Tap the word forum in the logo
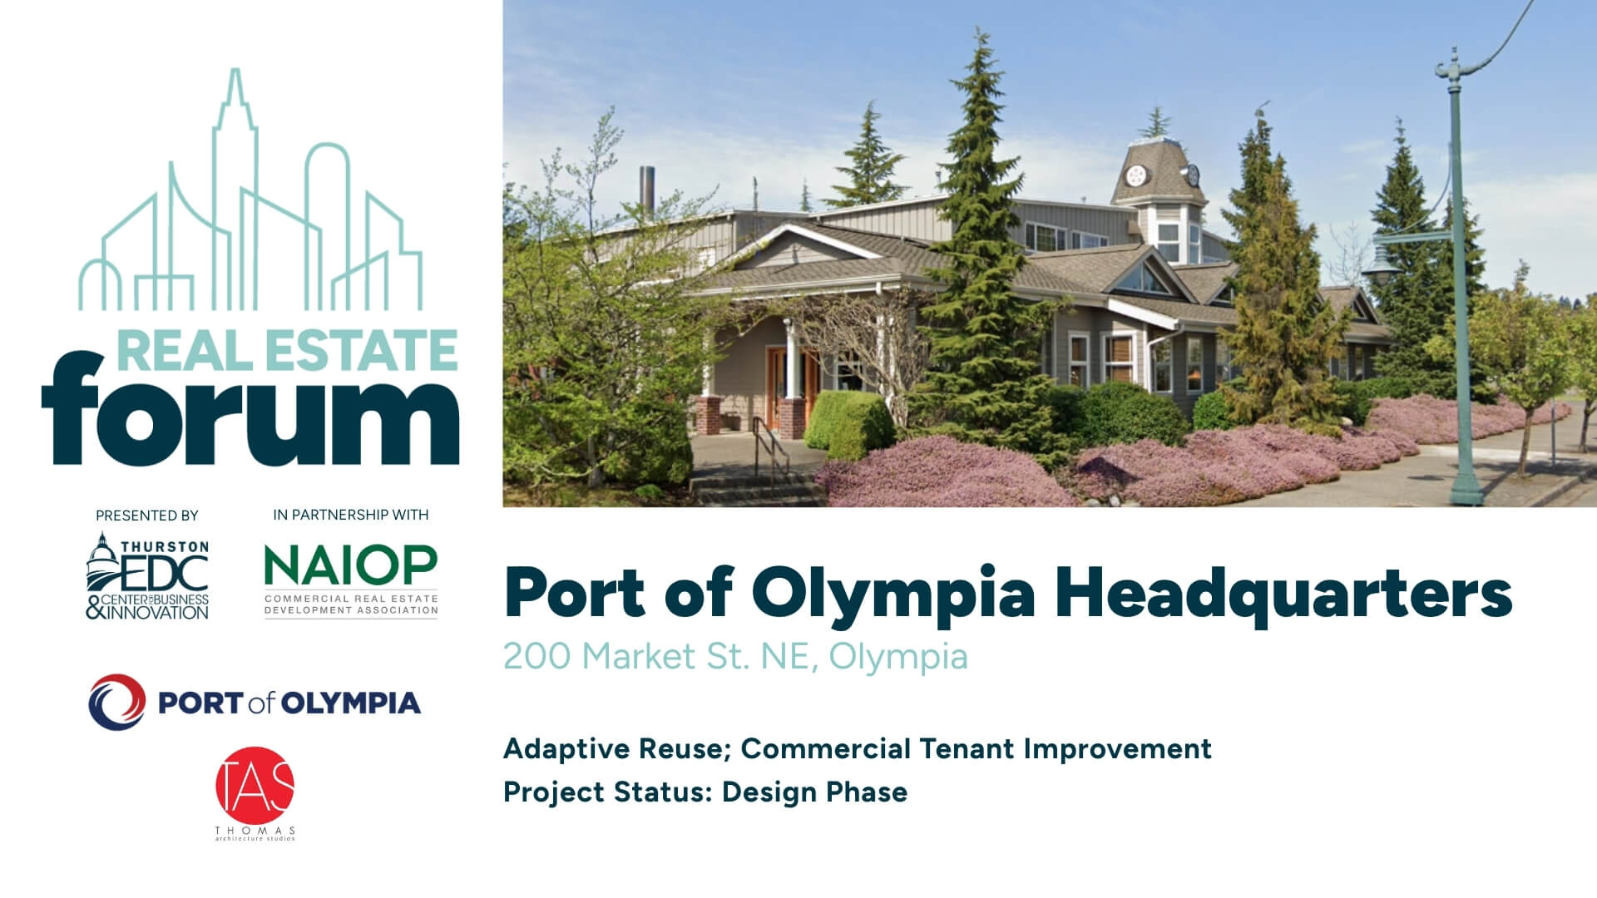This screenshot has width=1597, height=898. point(250,412)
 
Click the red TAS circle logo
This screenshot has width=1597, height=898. point(255,786)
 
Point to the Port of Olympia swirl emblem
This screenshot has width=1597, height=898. point(117,703)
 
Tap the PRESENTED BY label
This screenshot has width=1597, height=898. point(147,516)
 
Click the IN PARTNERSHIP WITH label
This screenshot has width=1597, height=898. point(350,515)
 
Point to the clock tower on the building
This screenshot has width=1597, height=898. point(1158,179)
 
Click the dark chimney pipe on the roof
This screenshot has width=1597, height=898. point(646,192)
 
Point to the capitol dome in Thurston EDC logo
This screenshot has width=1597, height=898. point(103,553)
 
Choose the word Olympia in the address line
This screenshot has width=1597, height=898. point(898,656)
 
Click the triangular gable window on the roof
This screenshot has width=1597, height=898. point(1144,279)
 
